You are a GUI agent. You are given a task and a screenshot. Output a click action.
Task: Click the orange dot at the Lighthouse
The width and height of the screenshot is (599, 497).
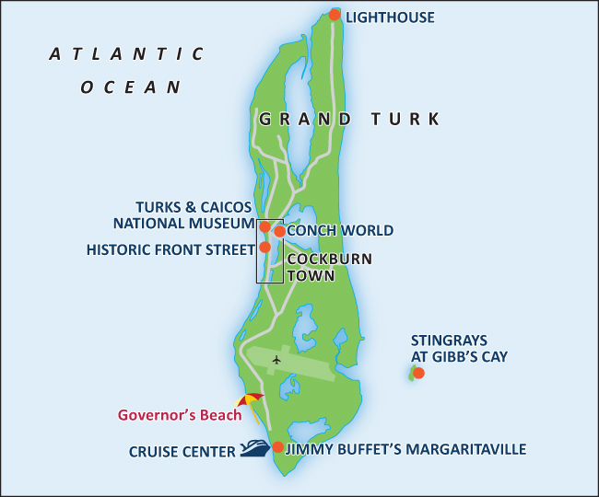click(x=335, y=16)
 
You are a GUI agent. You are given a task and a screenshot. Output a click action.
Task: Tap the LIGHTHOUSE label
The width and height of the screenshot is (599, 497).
click(x=390, y=17)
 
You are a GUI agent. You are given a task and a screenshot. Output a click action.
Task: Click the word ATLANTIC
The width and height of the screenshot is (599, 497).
click(x=126, y=54)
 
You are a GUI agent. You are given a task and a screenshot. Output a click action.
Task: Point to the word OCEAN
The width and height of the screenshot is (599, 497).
click(x=130, y=87)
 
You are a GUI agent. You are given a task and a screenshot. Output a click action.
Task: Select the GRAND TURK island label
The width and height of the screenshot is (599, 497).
click(x=349, y=120)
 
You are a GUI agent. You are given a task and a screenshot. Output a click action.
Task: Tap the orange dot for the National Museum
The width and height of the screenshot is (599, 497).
click(x=264, y=226)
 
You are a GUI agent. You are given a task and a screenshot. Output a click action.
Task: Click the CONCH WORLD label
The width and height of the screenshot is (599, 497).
click(x=340, y=231)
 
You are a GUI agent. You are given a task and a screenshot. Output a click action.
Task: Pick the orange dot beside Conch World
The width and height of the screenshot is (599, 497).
click(x=279, y=232)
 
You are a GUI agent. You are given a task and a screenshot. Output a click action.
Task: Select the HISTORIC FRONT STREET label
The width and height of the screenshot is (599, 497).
click(x=170, y=249)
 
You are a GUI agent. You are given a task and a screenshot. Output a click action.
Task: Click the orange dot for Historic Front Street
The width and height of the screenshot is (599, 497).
click(x=264, y=247)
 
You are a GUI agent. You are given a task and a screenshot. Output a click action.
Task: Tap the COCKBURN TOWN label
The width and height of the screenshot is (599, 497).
click(x=329, y=267)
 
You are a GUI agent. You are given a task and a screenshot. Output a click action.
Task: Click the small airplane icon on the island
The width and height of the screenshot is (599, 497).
click(x=276, y=360)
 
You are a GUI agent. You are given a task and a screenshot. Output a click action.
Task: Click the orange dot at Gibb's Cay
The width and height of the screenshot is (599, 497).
click(x=418, y=373)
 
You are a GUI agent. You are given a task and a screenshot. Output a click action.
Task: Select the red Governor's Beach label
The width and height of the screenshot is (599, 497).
click(x=180, y=415)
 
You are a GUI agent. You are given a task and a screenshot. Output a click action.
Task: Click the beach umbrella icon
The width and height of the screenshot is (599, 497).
click(x=250, y=401)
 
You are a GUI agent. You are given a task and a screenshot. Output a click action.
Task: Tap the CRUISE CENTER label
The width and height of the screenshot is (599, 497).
click(x=182, y=451)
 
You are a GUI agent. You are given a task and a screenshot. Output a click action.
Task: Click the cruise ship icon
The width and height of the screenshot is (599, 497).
click(x=255, y=449)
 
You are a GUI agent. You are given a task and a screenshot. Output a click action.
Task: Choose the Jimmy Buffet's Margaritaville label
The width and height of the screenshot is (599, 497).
click(x=405, y=449)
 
